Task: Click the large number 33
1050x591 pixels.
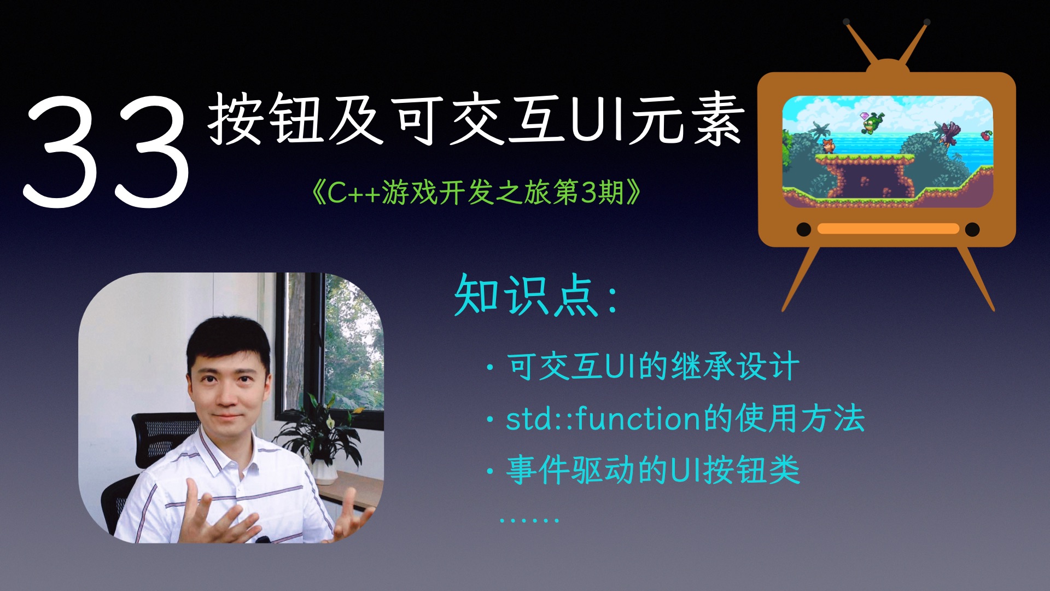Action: point(107,150)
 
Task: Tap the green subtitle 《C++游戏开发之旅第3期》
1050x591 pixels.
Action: point(475,193)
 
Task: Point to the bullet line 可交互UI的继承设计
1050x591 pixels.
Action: point(653,366)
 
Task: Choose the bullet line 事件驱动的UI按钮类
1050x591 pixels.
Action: point(653,470)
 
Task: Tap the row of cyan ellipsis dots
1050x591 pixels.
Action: point(529,519)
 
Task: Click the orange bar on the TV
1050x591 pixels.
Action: point(888,229)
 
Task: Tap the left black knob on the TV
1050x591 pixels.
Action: point(803,229)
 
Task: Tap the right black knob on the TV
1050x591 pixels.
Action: point(972,229)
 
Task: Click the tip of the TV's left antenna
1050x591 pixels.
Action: point(847,22)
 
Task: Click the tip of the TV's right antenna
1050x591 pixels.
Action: point(927,22)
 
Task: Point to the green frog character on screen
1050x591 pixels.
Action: point(873,123)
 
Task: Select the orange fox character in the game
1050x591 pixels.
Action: point(828,146)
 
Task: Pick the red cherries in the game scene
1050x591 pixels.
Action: point(986,135)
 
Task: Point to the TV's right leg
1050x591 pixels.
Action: point(976,279)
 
